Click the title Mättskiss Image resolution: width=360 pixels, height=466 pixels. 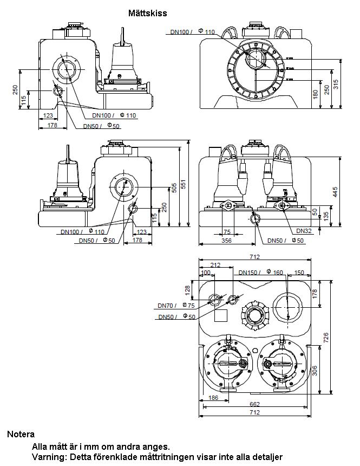(147, 12)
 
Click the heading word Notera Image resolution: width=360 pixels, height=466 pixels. (21, 434)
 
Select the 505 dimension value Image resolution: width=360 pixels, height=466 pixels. (174, 187)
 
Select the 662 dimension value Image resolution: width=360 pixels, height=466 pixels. (254, 404)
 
